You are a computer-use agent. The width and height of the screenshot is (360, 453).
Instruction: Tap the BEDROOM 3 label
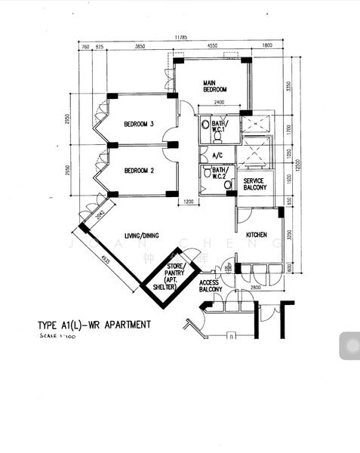[x=139, y=125]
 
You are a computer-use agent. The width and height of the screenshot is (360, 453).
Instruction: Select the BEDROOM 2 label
[x=139, y=171]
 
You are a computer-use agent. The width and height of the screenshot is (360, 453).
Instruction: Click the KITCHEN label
[x=257, y=235]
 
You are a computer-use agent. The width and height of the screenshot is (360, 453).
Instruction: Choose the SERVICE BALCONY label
[x=253, y=185]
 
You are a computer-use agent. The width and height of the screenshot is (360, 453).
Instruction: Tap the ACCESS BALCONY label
[x=211, y=285]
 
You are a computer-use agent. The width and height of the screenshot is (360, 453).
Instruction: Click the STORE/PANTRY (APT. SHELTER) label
[x=176, y=276]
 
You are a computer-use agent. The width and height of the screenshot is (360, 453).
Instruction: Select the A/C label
[x=218, y=156]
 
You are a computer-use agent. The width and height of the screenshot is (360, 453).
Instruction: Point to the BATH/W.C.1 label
[x=220, y=126]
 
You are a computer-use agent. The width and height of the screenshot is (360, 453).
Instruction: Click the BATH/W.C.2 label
[x=220, y=174]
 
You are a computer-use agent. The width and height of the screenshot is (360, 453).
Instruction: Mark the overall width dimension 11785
[x=180, y=37]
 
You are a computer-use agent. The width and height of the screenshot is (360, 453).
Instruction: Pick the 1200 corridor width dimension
[x=189, y=202]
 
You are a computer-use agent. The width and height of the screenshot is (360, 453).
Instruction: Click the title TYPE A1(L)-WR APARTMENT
[x=94, y=325]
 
